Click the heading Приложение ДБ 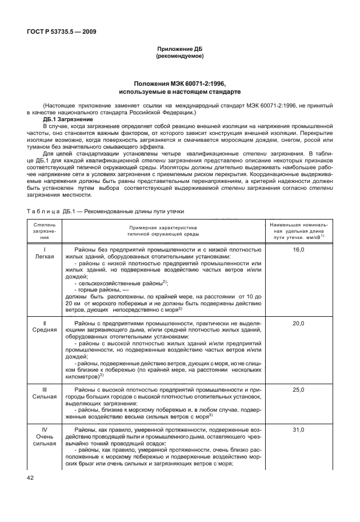tap(179, 50)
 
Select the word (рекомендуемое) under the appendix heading tap(179, 57)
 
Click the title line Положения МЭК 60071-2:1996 tap(179, 83)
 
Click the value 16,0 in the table tap(299, 250)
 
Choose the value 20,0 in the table tap(299, 324)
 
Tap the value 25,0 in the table tap(299, 389)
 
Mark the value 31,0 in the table tap(299, 429)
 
